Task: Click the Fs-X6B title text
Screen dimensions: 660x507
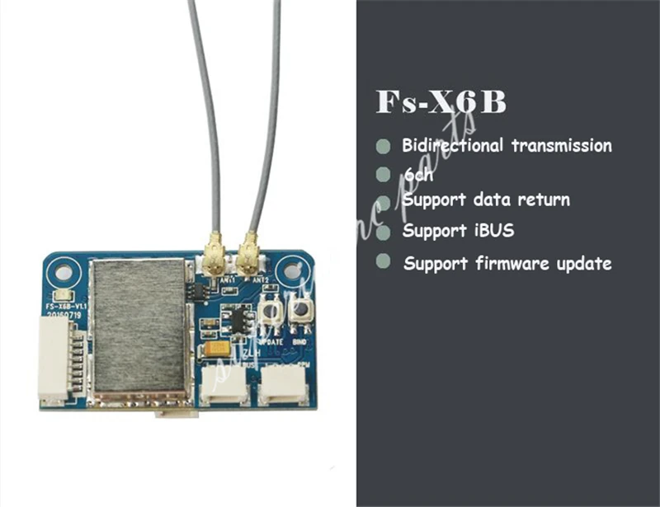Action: pyautogui.click(x=441, y=102)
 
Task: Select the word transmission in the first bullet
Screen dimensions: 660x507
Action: pyautogui.click(x=561, y=146)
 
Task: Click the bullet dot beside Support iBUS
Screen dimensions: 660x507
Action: pyautogui.click(x=383, y=232)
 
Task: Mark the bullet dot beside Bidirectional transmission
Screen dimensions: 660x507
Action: pyautogui.click(x=383, y=147)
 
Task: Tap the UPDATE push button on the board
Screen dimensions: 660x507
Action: pyautogui.click(x=269, y=312)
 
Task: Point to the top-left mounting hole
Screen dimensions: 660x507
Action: pyautogui.click(x=59, y=270)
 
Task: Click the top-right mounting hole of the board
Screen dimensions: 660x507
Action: pyautogui.click(x=290, y=270)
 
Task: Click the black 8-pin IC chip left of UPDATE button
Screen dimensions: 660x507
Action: pyautogui.click(x=238, y=317)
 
